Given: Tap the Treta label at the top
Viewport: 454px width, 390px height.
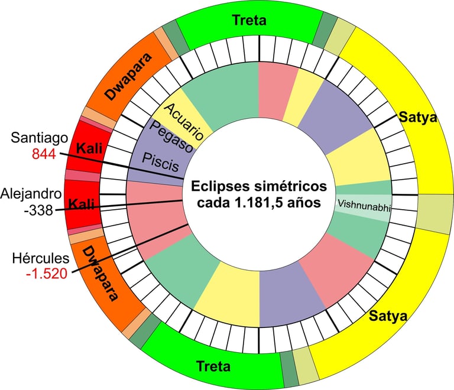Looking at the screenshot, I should point(249,20).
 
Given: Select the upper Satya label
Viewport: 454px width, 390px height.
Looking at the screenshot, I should point(418,117).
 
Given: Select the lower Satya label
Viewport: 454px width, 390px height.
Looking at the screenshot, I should point(388,316).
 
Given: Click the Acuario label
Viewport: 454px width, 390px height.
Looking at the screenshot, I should point(184,121).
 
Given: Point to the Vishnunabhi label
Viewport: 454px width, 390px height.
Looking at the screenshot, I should point(361,204).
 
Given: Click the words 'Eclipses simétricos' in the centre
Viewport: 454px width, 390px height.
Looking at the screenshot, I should point(258,187).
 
